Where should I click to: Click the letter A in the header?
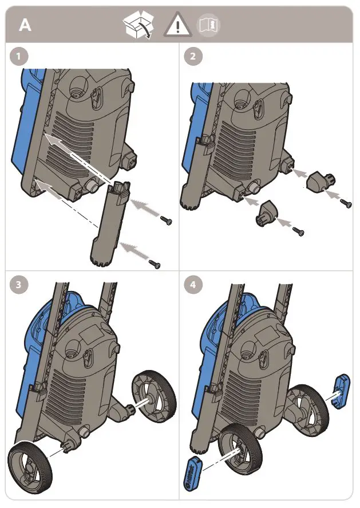[25, 25]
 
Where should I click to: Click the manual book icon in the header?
[208, 25]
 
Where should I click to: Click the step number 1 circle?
[21, 57]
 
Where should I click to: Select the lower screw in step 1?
[155, 263]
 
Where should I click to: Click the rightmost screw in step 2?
[345, 202]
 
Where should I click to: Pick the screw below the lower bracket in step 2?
[298, 231]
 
